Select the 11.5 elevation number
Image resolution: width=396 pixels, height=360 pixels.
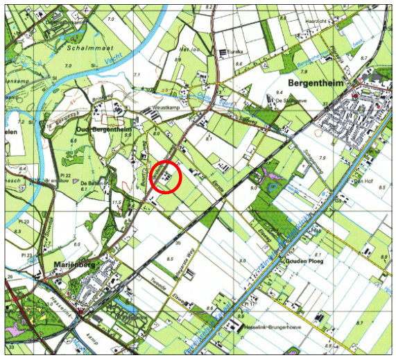click(117, 203)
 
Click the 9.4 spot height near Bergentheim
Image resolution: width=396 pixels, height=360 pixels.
click(279, 92)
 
